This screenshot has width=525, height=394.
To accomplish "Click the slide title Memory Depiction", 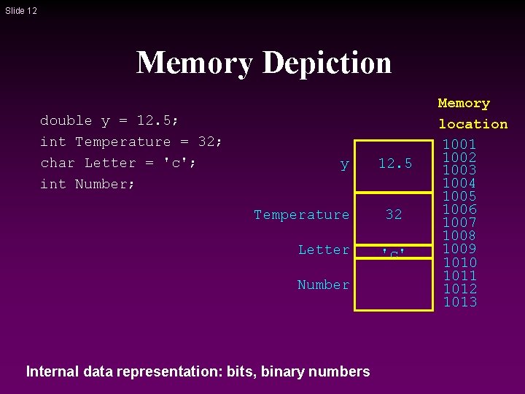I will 263,63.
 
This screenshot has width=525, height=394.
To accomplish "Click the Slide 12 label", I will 20,11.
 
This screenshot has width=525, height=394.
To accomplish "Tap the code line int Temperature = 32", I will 131,142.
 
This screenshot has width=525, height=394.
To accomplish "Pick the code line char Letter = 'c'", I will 117,163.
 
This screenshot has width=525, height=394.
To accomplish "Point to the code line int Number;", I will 87,184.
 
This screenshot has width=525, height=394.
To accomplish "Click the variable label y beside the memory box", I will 344,165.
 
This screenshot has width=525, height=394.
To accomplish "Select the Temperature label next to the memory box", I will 301,215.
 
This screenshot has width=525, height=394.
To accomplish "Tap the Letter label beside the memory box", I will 323,250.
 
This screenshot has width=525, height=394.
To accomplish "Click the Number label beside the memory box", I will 323,285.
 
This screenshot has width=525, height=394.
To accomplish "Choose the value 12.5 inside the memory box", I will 394,164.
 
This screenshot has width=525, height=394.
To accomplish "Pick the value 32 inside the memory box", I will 394,215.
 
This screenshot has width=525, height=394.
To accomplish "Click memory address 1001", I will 460,144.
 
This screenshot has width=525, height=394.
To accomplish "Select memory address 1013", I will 460,302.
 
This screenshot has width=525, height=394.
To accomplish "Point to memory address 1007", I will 460,223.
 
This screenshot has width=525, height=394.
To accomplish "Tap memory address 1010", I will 460,263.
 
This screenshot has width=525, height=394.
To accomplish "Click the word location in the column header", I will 472,124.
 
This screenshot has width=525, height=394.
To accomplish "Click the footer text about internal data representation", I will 198,371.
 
